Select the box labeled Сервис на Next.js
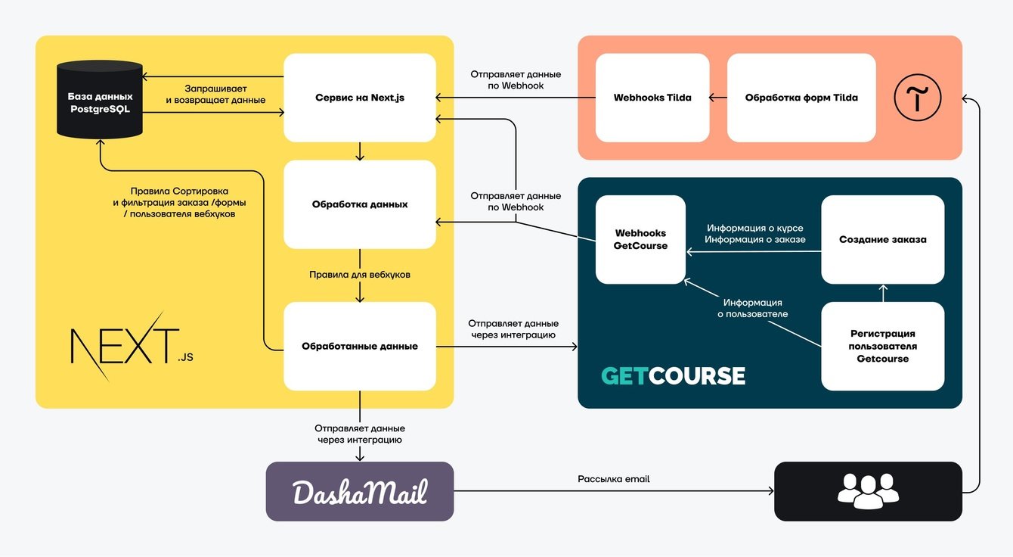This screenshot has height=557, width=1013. point(360,98)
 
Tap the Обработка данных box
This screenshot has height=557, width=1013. point(360,204)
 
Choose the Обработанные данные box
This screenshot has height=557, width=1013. point(360,347)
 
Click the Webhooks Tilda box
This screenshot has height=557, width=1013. point(652,98)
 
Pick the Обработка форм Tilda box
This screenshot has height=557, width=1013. point(801,98)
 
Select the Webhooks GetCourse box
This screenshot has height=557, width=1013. point(640,239)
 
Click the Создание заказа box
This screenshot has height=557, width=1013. point(882,239)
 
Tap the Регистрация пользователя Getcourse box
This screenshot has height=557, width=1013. point(882,346)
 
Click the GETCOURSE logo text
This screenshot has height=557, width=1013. point(673,376)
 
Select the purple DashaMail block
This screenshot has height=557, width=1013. point(360,492)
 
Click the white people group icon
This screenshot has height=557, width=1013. point(868,490)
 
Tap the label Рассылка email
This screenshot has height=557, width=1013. point(613,479)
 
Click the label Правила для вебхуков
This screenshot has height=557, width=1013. point(360,275)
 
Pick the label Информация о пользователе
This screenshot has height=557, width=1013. point(752,308)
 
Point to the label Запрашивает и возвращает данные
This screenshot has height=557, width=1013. point(215,95)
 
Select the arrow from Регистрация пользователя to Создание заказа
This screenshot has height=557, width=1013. point(882,293)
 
